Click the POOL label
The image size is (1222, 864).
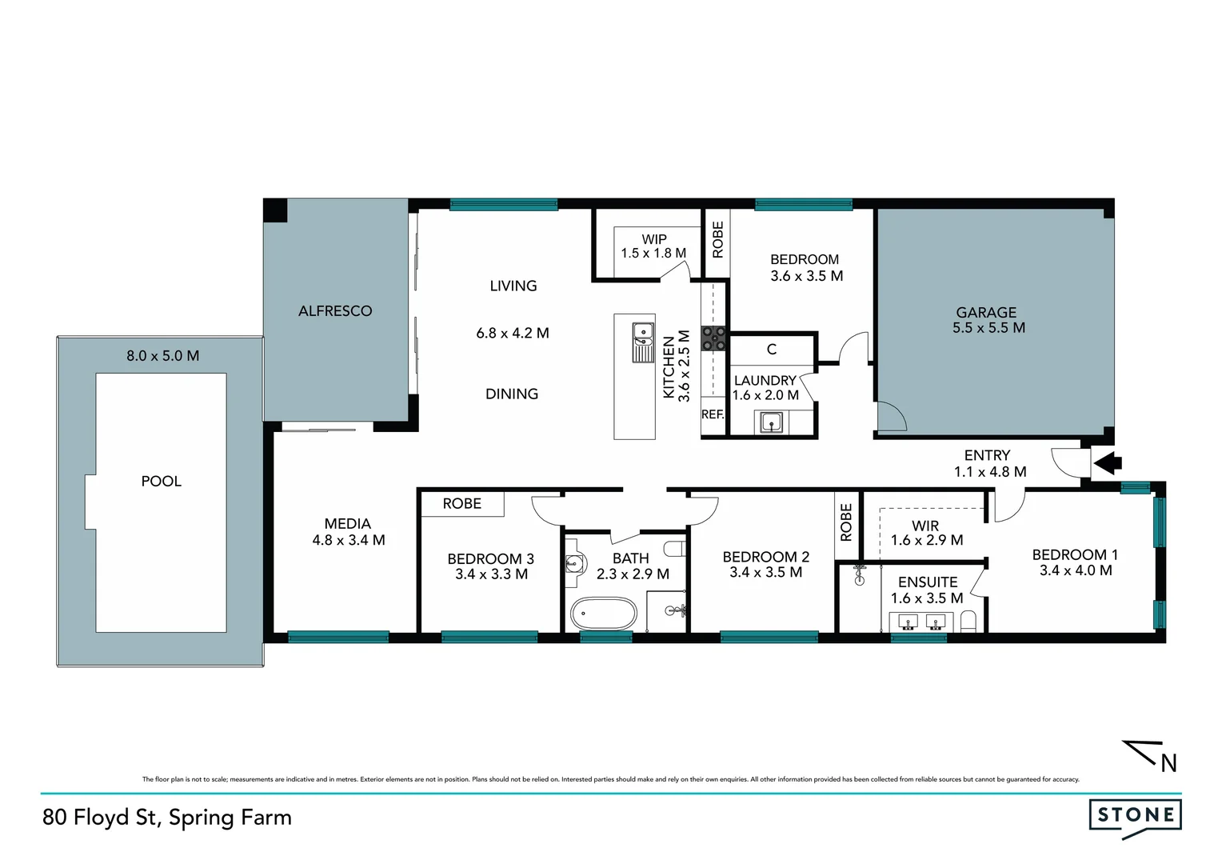point(161,481)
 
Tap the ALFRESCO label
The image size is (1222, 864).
point(335,311)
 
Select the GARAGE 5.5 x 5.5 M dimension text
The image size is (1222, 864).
point(988,328)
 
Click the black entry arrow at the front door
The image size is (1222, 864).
point(1108,462)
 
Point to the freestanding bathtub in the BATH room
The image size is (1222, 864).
point(604,614)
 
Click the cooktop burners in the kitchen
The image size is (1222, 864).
point(714,338)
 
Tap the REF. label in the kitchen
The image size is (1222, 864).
point(713,414)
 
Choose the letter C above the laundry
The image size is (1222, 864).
point(772,350)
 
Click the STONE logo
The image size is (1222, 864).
point(1135,816)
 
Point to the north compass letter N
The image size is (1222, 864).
point(1168,763)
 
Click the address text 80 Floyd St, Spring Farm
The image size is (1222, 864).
point(167,817)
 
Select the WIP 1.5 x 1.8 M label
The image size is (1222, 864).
point(653,246)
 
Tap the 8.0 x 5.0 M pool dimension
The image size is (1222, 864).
point(162,356)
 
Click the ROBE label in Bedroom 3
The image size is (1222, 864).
point(462,504)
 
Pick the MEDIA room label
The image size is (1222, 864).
point(348,524)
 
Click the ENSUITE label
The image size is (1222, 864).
point(927,582)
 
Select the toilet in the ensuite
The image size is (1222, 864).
point(969,621)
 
